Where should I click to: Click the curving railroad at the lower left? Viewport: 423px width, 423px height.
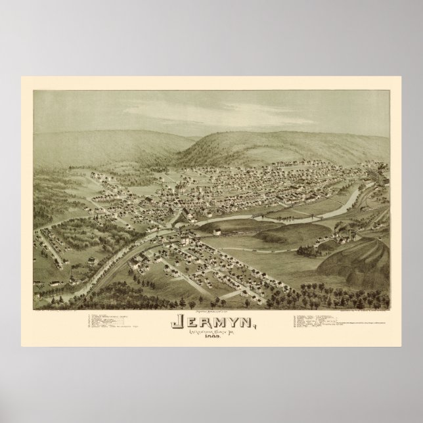point(99,263)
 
